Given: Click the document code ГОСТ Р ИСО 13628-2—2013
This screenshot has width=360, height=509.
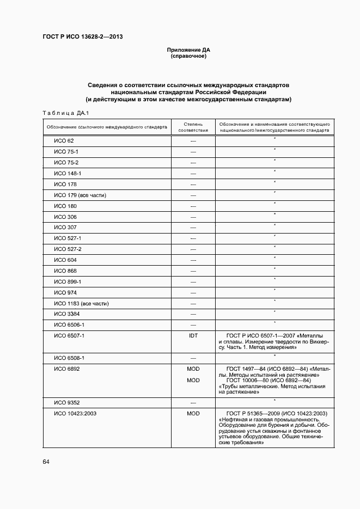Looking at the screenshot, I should (x=82, y=36).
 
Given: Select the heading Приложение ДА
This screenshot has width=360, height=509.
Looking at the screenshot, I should (x=188, y=50).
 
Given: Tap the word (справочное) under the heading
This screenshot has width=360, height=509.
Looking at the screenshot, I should (x=188, y=56).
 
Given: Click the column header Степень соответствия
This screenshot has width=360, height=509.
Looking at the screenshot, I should (x=193, y=127).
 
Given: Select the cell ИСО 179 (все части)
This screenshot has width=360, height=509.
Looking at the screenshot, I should (x=80, y=195).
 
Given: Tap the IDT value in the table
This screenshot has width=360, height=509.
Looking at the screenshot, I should (x=193, y=336).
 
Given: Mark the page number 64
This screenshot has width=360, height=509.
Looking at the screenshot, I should (x=46, y=462).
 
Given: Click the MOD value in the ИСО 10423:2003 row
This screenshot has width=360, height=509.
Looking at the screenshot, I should (x=193, y=414).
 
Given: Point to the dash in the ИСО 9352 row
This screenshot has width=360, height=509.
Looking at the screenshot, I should (x=193, y=403).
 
